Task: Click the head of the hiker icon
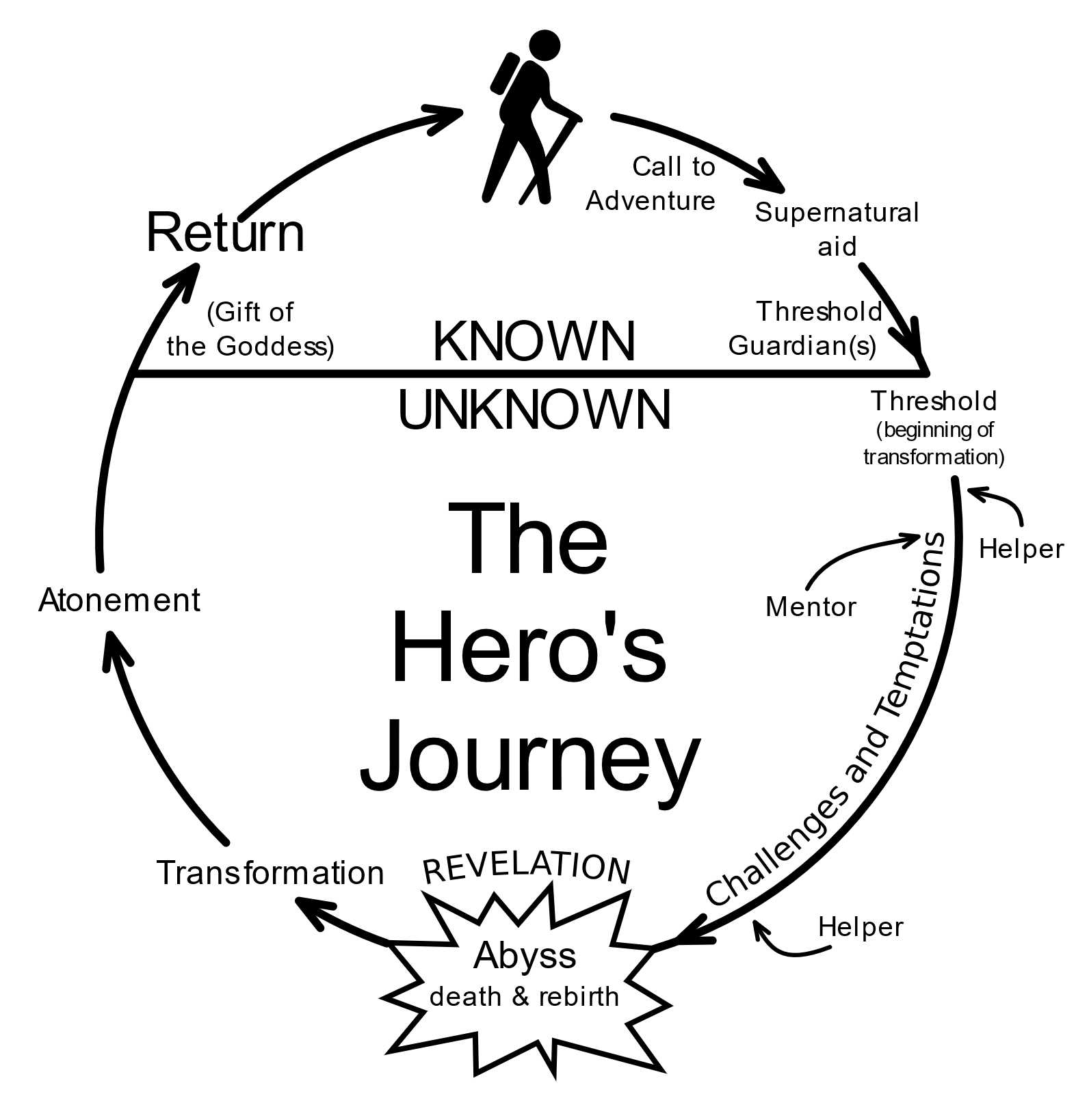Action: (544, 46)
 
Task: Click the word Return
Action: (225, 233)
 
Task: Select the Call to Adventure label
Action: (651, 183)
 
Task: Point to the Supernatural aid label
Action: (836, 228)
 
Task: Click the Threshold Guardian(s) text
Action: (806, 328)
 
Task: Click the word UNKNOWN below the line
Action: (534, 410)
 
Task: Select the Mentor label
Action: (811, 606)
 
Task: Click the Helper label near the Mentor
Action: (1021, 549)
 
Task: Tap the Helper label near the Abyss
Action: (861, 927)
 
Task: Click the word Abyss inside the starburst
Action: (525, 955)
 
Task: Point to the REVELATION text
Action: (526, 868)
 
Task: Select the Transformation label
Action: (270, 873)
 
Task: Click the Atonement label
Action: (120, 600)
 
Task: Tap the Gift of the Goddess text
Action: (250, 329)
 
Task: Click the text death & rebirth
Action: (524, 996)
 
